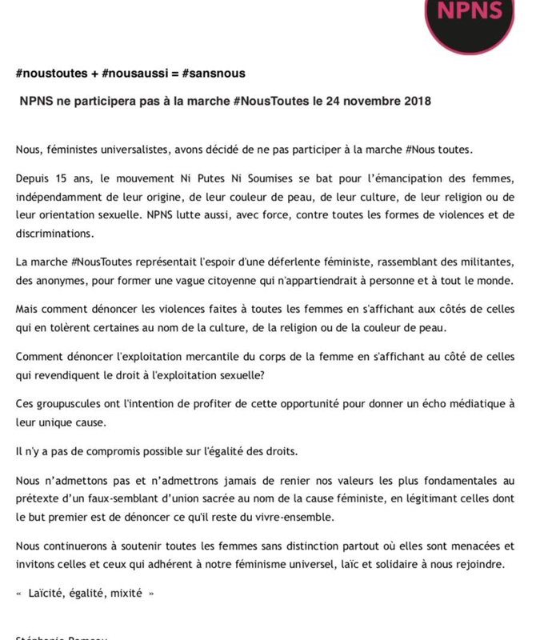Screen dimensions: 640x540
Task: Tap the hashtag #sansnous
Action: click(x=214, y=74)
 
